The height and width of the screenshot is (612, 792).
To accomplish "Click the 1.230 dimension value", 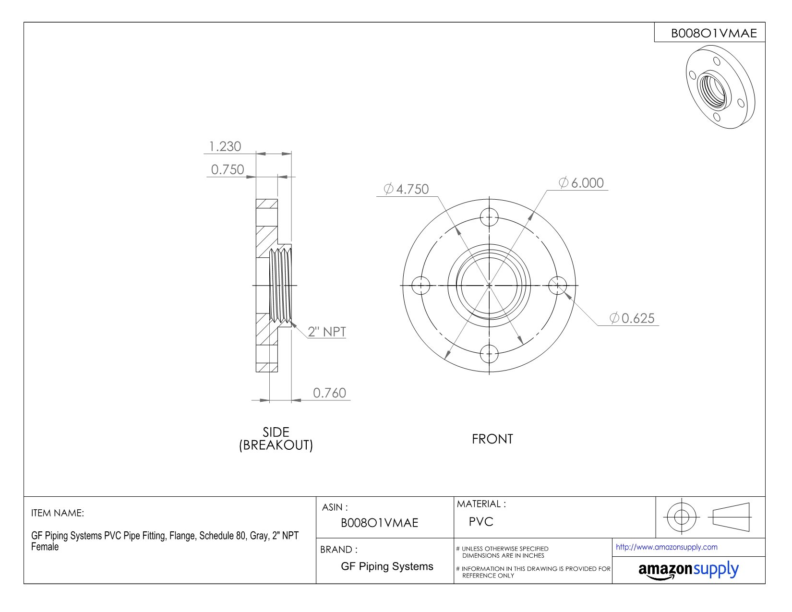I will point(225,146).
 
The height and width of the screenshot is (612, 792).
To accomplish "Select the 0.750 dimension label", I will point(228,169).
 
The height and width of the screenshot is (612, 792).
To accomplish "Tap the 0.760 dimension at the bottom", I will point(329,393).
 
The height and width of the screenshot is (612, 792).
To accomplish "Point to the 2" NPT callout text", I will point(327,332).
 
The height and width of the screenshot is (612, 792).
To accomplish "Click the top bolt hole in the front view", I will point(489,217).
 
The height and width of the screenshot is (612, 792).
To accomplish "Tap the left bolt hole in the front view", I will point(421,286).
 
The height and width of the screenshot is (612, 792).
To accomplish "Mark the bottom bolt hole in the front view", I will point(489,354).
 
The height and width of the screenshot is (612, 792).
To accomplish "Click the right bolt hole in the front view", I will point(557,286).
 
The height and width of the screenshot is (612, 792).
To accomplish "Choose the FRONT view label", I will point(492,439).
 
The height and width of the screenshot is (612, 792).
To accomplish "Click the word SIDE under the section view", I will point(276,432).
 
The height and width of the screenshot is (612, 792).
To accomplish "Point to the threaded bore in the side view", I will point(281,287).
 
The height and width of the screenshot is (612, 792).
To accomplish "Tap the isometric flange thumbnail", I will point(720,86).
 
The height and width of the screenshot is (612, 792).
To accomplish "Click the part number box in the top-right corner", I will point(709,33).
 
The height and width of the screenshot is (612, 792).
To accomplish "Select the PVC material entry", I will point(481,522).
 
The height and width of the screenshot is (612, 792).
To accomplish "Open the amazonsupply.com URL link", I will point(666,547).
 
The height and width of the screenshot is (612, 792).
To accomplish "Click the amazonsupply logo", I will point(688,570).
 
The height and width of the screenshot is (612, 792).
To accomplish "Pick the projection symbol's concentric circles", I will point(681,517).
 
